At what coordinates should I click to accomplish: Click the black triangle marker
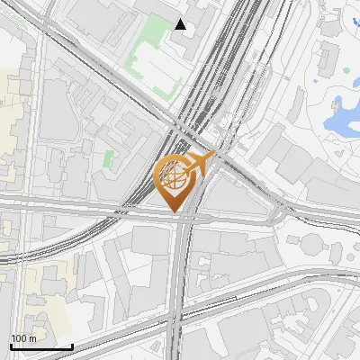[181, 24]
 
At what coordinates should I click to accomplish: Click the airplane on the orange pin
[201, 164]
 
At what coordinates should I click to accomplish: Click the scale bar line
[40, 346]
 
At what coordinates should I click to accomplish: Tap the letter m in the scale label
[33, 339]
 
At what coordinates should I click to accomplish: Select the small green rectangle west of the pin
[109, 158]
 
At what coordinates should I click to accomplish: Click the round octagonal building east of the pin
[312, 245]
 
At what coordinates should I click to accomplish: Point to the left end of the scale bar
[10, 346]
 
